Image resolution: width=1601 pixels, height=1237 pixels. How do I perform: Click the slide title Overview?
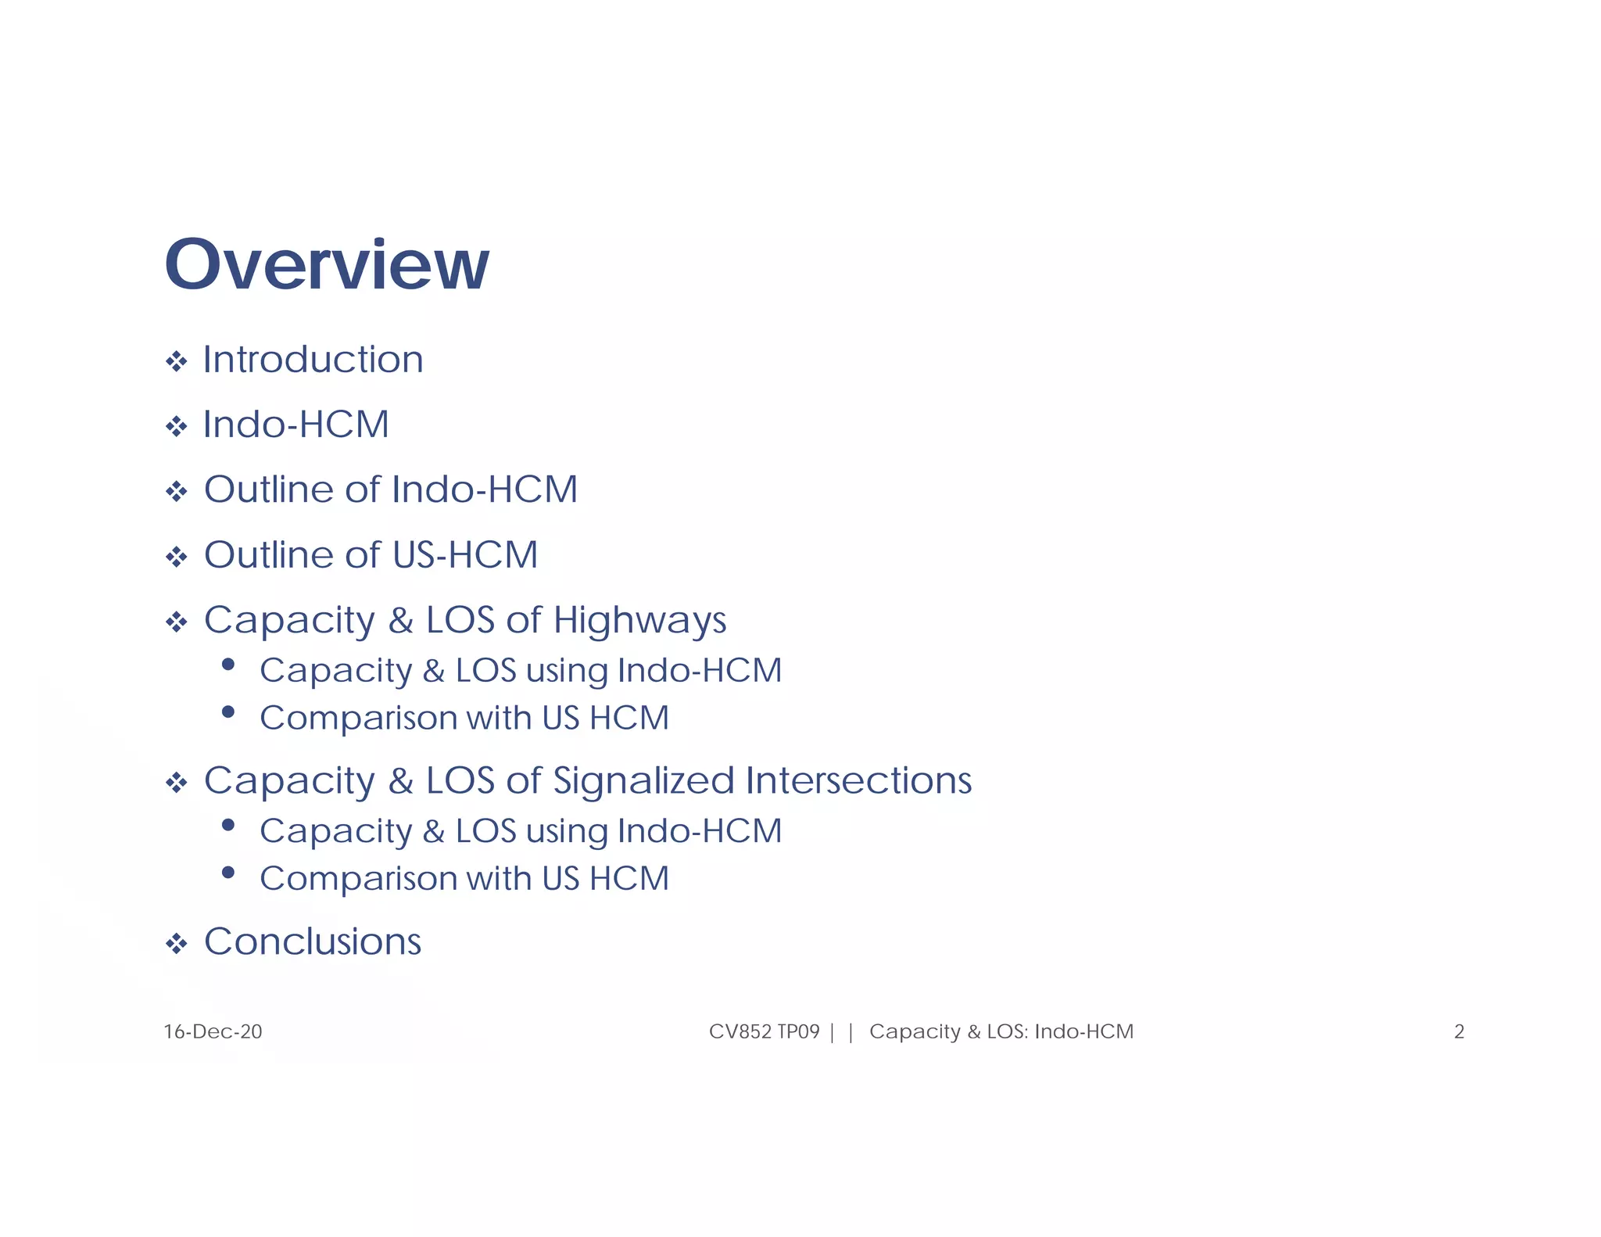pyautogui.click(x=327, y=264)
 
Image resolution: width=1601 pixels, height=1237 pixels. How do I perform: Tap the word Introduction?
pyautogui.click(x=313, y=360)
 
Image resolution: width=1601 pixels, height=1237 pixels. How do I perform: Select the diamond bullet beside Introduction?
pyautogui.click(x=177, y=362)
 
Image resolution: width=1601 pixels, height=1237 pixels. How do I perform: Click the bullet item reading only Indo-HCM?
pyautogui.click(x=295, y=425)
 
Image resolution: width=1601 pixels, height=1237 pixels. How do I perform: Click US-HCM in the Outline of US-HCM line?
pyautogui.click(x=465, y=556)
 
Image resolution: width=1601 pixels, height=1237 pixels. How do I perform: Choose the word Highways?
pyautogui.click(x=639, y=622)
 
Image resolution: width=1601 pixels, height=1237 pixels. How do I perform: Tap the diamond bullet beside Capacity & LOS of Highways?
pyautogui.click(x=177, y=623)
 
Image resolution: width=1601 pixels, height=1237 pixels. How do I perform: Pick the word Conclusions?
pyautogui.click(x=313, y=941)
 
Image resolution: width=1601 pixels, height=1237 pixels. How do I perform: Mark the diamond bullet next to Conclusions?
pyautogui.click(x=177, y=944)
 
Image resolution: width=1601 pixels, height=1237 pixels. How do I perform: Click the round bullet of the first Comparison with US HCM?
pyautogui.click(x=228, y=712)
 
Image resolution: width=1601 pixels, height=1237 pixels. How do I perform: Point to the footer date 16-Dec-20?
pyautogui.click(x=213, y=1032)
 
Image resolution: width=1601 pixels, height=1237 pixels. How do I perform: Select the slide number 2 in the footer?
pyautogui.click(x=1459, y=1032)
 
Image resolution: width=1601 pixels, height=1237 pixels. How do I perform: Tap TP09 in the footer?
pyautogui.click(x=798, y=1032)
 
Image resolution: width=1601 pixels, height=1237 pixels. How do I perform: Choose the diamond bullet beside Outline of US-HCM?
pyautogui.click(x=177, y=558)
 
